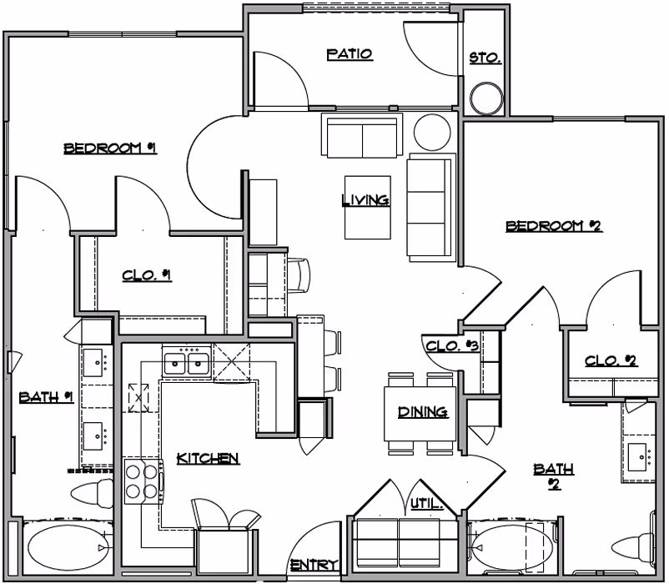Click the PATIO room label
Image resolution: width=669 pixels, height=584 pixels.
pyautogui.click(x=349, y=55)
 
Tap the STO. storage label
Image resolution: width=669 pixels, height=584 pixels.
pyautogui.click(x=485, y=59)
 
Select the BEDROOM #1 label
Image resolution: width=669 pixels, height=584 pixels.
pyautogui.click(x=111, y=149)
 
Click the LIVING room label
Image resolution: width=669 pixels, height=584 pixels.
pyautogui.click(x=365, y=200)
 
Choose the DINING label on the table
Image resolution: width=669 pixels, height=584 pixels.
pyautogui.click(x=423, y=411)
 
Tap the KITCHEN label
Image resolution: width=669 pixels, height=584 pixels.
pyautogui.click(x=209, y=458)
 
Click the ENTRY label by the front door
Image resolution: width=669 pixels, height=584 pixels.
pyautogui.click(x=313, y=566)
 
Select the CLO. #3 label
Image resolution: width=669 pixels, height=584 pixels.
pyautogui.click(x=451, y=346)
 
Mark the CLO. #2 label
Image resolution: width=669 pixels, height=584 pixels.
pyautogui.click(x=611, y=361)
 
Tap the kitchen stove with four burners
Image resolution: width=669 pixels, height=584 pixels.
pyautogui.click(x=142, y=480)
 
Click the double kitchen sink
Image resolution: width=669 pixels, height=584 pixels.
pyautogui.click(x=186, y=362)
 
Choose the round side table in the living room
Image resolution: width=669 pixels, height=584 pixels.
pyautogui.click(x=432, y=132)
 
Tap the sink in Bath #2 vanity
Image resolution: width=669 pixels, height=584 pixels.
pyautogui.click(x=639, y=456)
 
